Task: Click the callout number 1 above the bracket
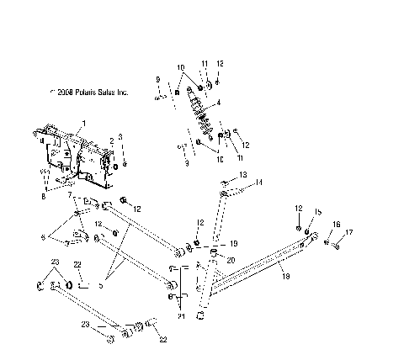[82, 124]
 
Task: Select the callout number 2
[111, 140]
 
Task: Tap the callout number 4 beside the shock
[218, 103]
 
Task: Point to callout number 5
[102, 286]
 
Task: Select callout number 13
[244, 175]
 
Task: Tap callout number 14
[259, 183]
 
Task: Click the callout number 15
[317, 212]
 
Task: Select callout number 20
[230, 261]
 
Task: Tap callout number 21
[180, 316]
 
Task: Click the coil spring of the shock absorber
[205, 113]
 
